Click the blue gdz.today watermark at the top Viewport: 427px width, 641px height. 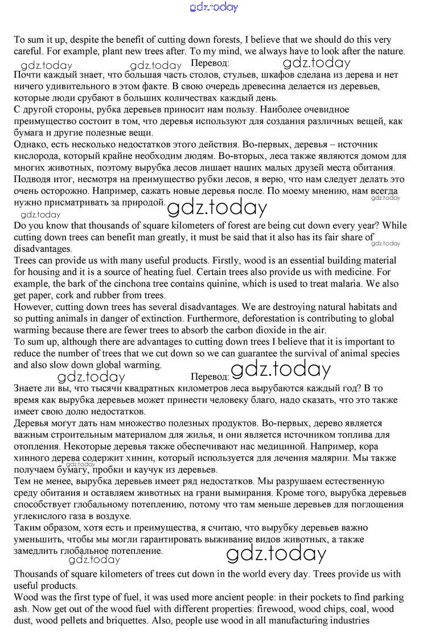(x=213, y=7)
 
